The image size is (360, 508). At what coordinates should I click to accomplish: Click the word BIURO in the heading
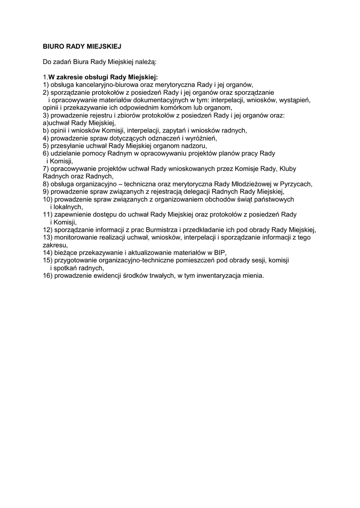[x=54, y=46]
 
